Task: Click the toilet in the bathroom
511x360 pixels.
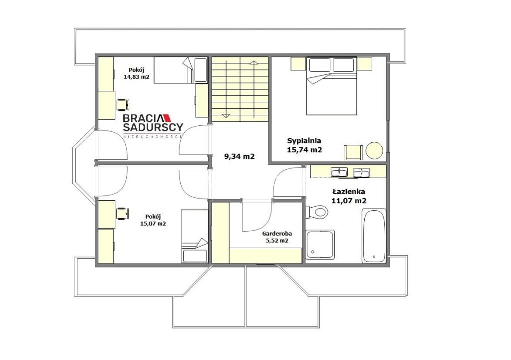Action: (316, 212)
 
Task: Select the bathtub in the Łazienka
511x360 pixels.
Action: (374, 236)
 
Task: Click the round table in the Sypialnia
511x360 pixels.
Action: (374, 151)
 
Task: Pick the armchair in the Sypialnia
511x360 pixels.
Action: (354, 152)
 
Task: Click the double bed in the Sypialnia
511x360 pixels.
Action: (332, 86)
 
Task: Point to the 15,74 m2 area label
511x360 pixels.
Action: (304, 150)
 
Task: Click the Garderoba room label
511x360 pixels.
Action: (277, 234)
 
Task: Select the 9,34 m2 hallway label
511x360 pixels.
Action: (240, 156)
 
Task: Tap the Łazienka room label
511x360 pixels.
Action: (349, 192)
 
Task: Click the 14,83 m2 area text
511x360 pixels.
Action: (136, 77)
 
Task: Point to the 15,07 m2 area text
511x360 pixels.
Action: (153, 224)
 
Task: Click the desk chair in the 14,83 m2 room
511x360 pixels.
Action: (123, 105)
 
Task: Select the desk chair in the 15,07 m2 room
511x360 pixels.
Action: (123, 213)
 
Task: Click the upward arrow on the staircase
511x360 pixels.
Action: (253, 62)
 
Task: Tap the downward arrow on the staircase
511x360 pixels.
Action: (226, 115)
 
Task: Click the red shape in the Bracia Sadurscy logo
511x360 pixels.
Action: (166, 117)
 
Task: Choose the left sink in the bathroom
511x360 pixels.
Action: (339, 172)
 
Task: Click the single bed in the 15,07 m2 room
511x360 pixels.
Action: (195, 236)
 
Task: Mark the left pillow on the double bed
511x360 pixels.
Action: (320, 65)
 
